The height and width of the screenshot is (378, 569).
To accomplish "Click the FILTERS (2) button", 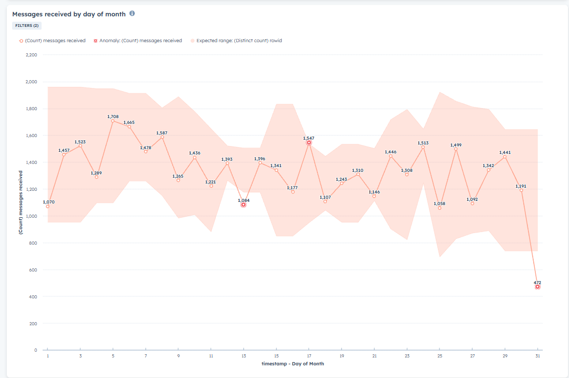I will point(26,25).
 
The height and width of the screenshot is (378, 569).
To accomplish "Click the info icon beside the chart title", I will point(132,14).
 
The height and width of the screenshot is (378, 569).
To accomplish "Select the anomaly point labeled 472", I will point(537,287).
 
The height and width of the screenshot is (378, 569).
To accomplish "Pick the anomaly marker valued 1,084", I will point(243,205).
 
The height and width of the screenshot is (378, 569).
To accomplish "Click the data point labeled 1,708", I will point(113,121).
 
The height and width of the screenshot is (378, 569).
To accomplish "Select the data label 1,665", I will point(129,122).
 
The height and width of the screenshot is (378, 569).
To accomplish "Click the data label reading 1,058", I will point(440,203).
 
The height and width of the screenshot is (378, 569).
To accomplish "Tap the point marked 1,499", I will point(456,149).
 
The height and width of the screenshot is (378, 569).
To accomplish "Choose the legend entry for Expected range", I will point(236,41).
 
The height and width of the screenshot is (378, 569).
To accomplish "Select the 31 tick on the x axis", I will point(537,356).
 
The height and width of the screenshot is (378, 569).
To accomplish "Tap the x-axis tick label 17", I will point(308,356).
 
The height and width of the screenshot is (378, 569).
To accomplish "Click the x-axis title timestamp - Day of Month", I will point(293,364).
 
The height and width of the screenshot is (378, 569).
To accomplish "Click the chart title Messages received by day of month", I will point(68,14).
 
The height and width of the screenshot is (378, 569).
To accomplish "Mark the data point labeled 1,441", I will point(505,157).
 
